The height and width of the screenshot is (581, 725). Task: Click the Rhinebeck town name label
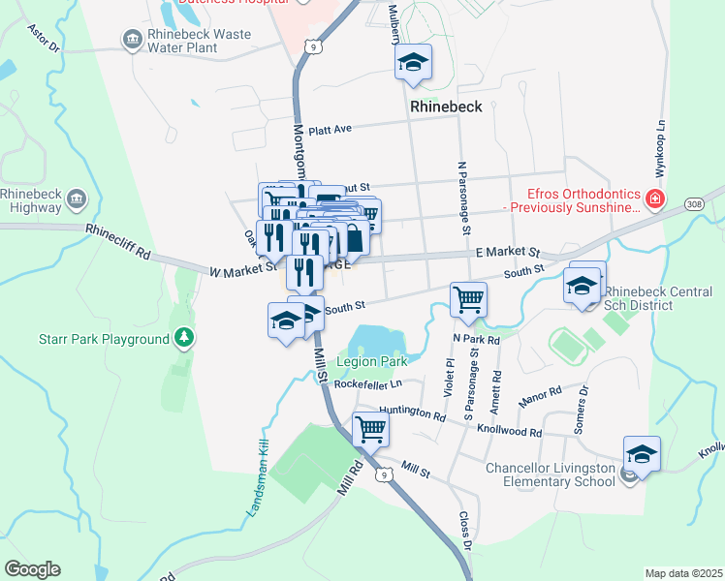pyautogui.click(x=446, y=106)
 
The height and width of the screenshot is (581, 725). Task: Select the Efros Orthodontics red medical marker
pyautogui.click(x=655, y=199)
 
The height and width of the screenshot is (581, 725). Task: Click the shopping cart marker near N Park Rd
pyautogui.click(x=468, y=300)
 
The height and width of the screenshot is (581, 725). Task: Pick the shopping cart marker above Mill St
pyautogui.click(x=369, y=428)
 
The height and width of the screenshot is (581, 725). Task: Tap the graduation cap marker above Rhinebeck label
pyautogui.click(x=413, y=63)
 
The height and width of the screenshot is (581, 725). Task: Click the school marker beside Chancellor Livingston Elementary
pyautogui.click(x=642, y=453)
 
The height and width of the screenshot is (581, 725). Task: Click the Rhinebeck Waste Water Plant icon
pyautogui.click(x=131, y=40)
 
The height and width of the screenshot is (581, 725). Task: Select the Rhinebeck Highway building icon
pyautogui.click(x=77, y=200)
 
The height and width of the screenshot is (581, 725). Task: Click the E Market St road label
pyautogui.click(x=507, y=252)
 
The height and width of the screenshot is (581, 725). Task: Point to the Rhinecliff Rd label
pyautogui.click(x=118, y=243)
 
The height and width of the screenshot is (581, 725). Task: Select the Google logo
pyautogui.click(x=32, y=569)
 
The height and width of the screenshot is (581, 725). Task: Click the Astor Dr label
pyautogui.click(x=45, y=40)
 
